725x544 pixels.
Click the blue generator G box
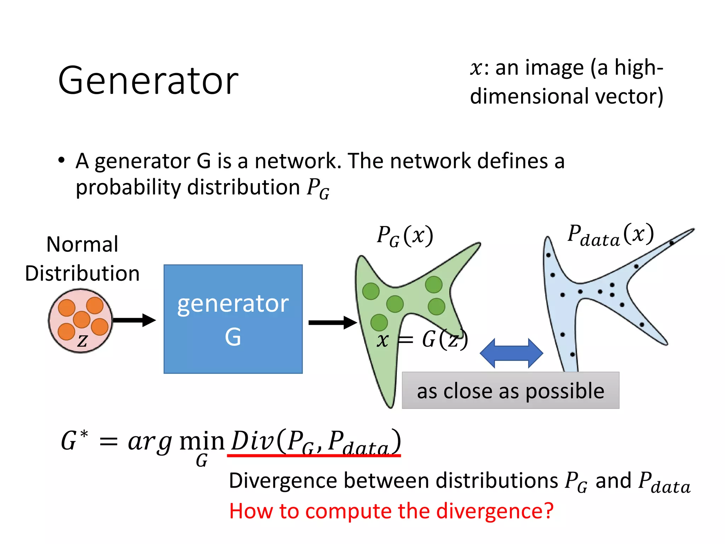233,319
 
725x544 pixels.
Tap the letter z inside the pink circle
82,341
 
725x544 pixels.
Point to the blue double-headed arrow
511,353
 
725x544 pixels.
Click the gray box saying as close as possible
510,391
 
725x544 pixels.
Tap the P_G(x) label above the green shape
405,236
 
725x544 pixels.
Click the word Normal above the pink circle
82,244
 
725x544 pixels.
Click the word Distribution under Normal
82,273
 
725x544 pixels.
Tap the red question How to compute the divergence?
391,511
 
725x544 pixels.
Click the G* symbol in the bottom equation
74,441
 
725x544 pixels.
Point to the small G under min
202,461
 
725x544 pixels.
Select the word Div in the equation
252,441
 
